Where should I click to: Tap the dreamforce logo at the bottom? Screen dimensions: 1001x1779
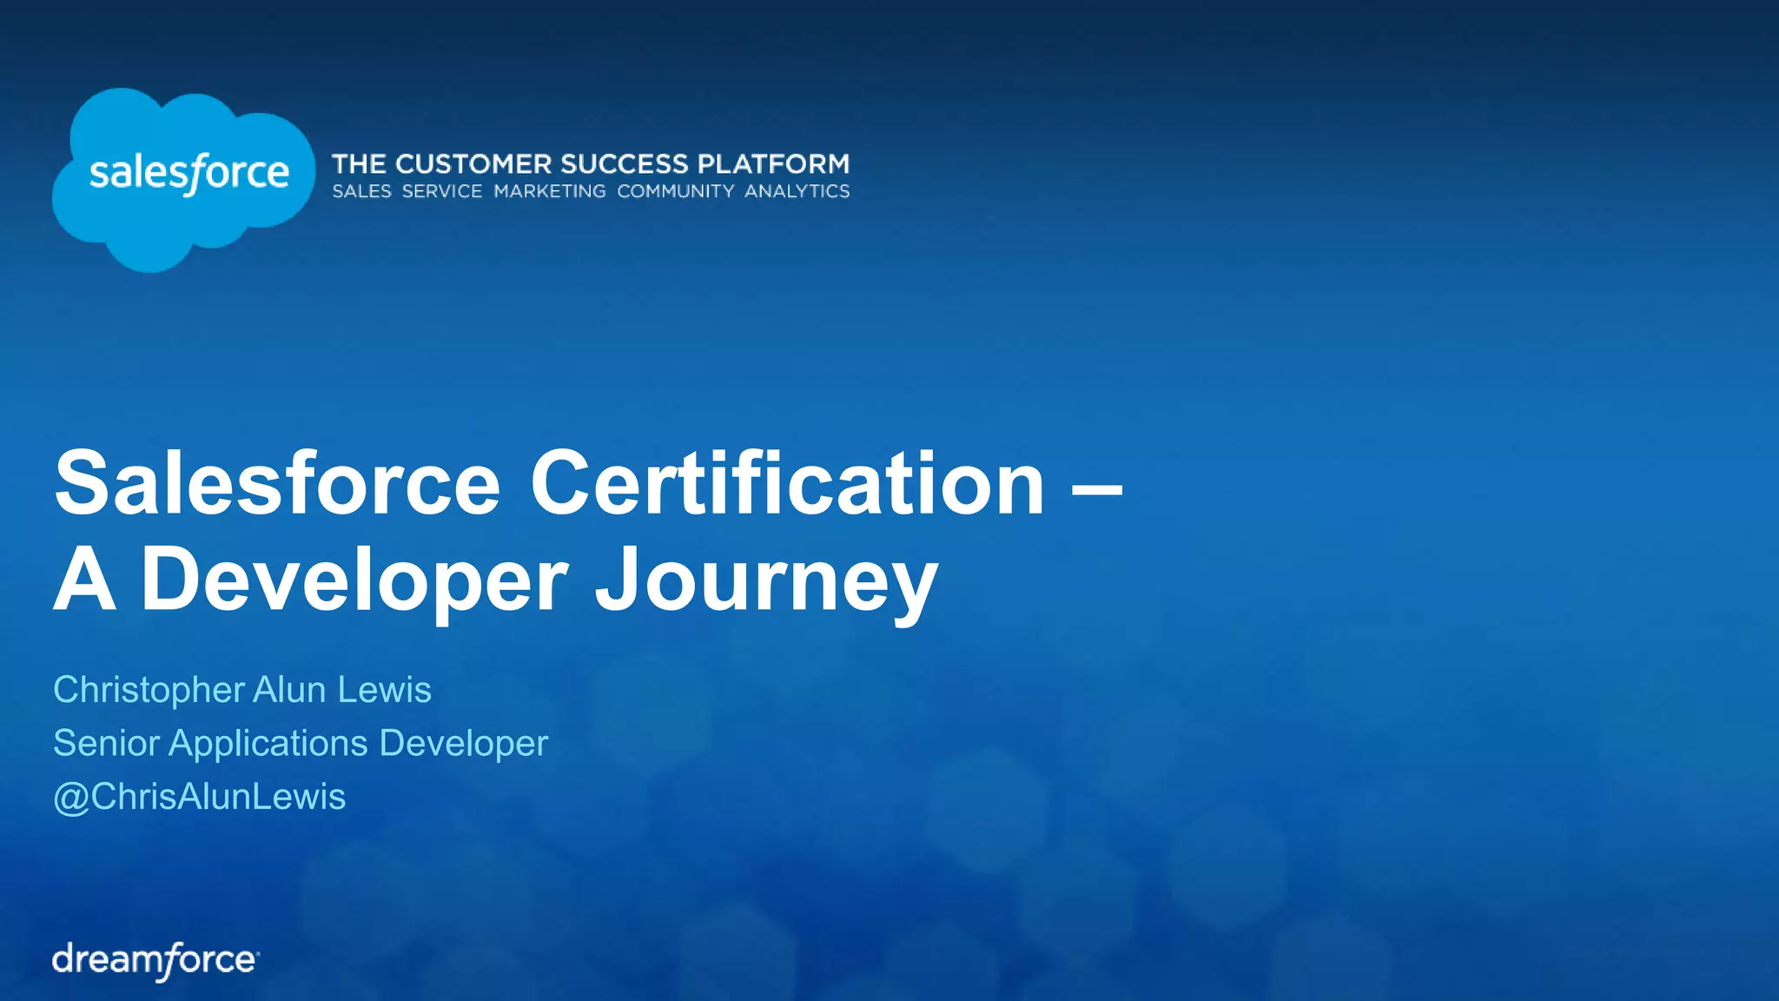[x=155, y=960]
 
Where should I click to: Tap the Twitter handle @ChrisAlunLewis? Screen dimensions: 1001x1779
[x=200, y=797]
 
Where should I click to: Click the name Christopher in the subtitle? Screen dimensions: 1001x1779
[x=149, y=690]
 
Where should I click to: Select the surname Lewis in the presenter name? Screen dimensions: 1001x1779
[x=384, y=690]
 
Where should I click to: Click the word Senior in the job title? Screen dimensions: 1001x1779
[x=107, y=744]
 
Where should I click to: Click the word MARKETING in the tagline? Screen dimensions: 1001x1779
[x=550, y=191]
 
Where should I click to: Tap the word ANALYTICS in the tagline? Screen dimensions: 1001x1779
[x=797, y=191]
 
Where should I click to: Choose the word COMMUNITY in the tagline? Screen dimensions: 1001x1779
[x=675, y=191]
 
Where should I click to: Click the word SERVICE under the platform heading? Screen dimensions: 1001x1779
[x=442, y=191]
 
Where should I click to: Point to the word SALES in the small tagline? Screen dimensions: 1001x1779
[x=362, y=191]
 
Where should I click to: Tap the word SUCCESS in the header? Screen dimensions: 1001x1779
[x=625, y=164]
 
